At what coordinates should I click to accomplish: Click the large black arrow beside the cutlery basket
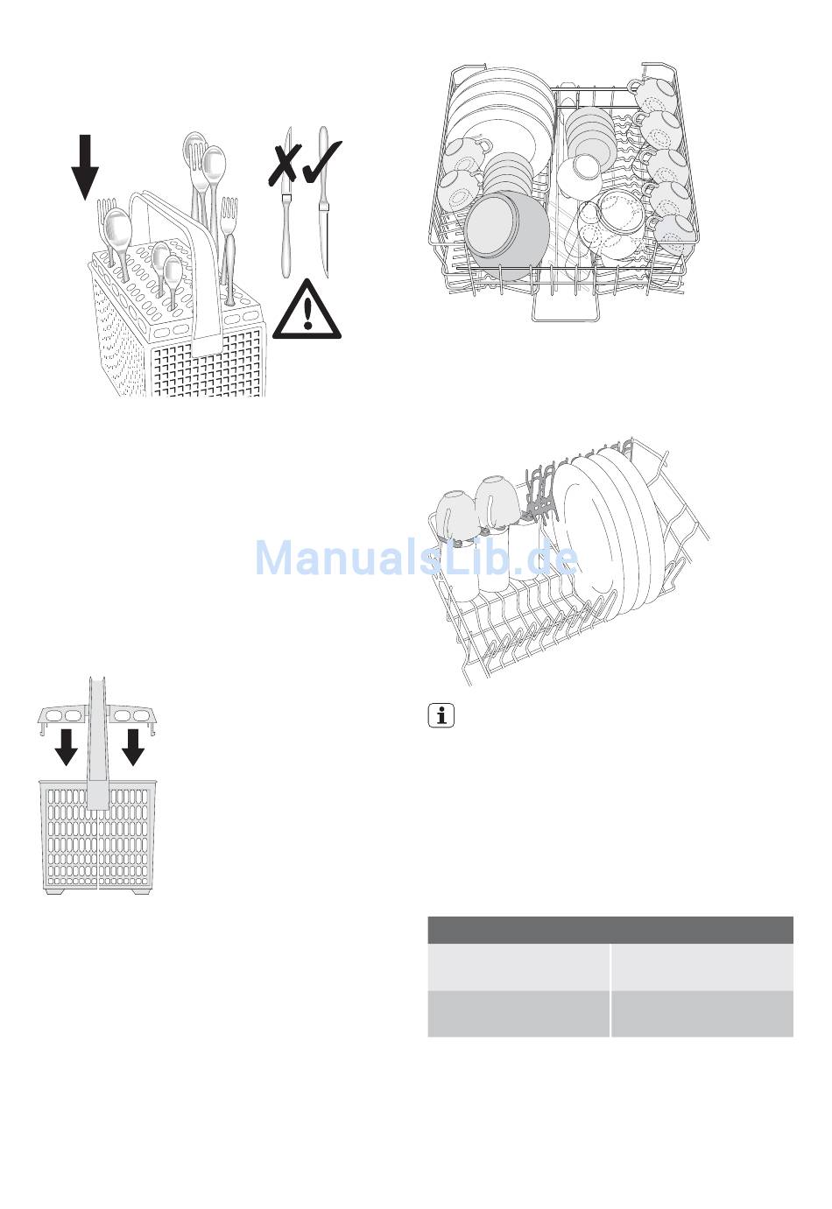[x=85, y=165]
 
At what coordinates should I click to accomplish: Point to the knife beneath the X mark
[x=285, y=232]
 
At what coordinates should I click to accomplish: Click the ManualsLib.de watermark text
[x=416, y=558]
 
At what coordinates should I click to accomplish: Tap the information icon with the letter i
[x=442, y=715]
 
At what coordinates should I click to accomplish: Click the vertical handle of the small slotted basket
[x=97, y=744]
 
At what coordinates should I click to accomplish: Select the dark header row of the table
[x=610, y=930]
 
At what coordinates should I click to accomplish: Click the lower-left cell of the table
[x=518, y=1014]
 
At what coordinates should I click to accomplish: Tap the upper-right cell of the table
[x=702, y=966]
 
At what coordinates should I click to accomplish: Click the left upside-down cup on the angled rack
[x=455, y=514]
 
